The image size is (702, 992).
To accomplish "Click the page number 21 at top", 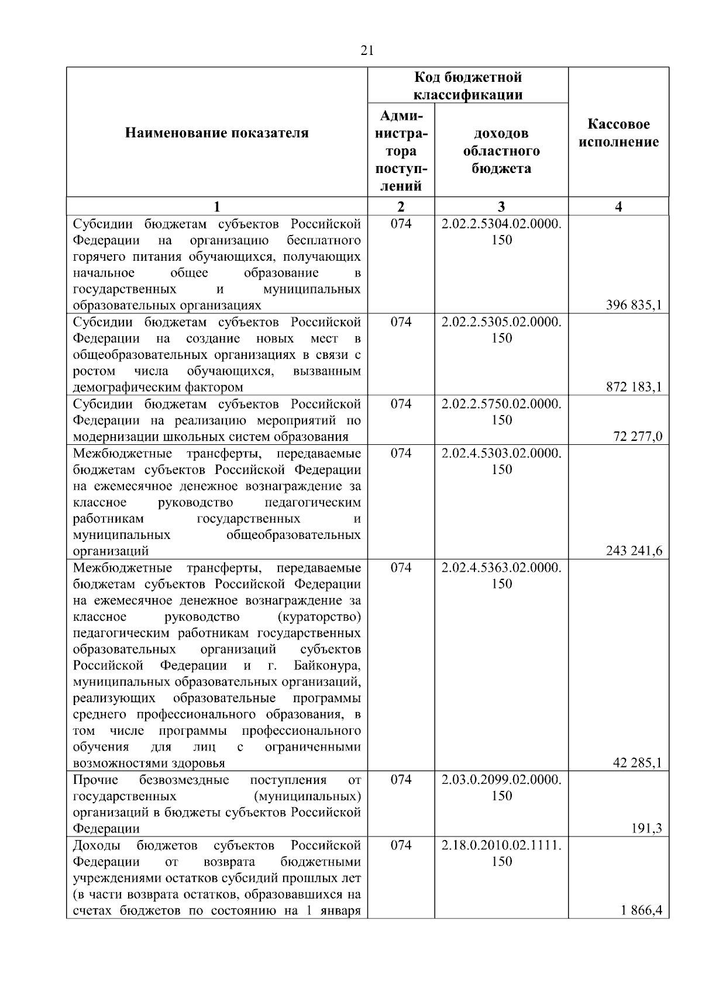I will (x=367, y=51).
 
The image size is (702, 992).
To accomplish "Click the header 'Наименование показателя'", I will (x=216, y=133).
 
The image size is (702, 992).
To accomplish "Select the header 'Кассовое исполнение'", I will (x=618, y=133).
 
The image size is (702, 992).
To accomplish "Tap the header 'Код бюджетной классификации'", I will (x=468, y=86).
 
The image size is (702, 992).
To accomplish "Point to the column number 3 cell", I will (x=501, y=206).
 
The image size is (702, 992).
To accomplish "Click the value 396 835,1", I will (x=634, y=305).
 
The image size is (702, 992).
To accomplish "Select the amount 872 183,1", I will (x=634, y=387).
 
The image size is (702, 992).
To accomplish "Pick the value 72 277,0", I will (x=638, y=437).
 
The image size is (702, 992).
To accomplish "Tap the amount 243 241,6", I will (x=634, y=551).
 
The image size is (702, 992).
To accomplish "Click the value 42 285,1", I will (x=637, y=763).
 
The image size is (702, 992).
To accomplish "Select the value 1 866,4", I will (x=642, y=910).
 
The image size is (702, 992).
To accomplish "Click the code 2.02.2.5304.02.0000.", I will (x=501, y=224).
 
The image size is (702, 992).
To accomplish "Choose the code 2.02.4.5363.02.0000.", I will (x=501, y=568).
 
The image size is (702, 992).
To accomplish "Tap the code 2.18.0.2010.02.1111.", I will (x=501, y=845).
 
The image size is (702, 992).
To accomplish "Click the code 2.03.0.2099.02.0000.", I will (x=501, y=780).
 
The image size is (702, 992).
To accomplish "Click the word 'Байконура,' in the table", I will (x=328, y=666).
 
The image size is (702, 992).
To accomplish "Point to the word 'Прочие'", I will (x=95, y=780).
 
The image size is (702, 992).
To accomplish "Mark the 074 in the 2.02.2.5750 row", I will (x=401, y=404).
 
